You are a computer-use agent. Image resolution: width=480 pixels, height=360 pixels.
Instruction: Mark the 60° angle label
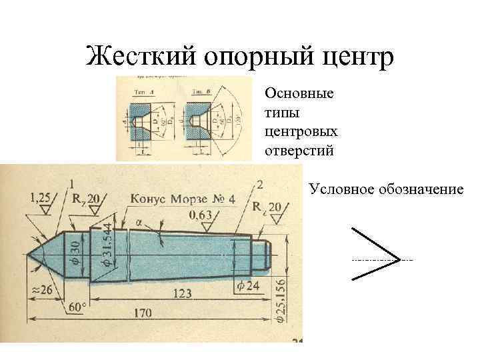pos(79,308)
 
